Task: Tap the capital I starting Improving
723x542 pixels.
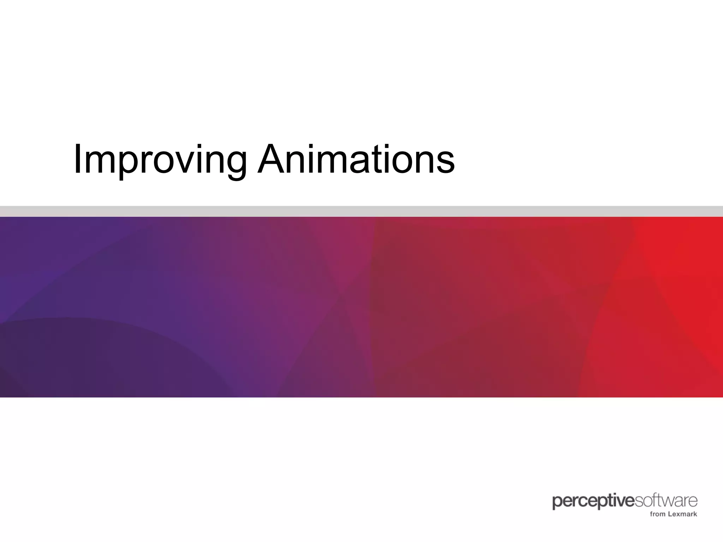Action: tap(77, 159)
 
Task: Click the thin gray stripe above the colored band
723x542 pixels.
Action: tap(361, 211)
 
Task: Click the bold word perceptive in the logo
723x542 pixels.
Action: tap(593, 502)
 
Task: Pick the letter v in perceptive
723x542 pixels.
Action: tap(622, 502)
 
